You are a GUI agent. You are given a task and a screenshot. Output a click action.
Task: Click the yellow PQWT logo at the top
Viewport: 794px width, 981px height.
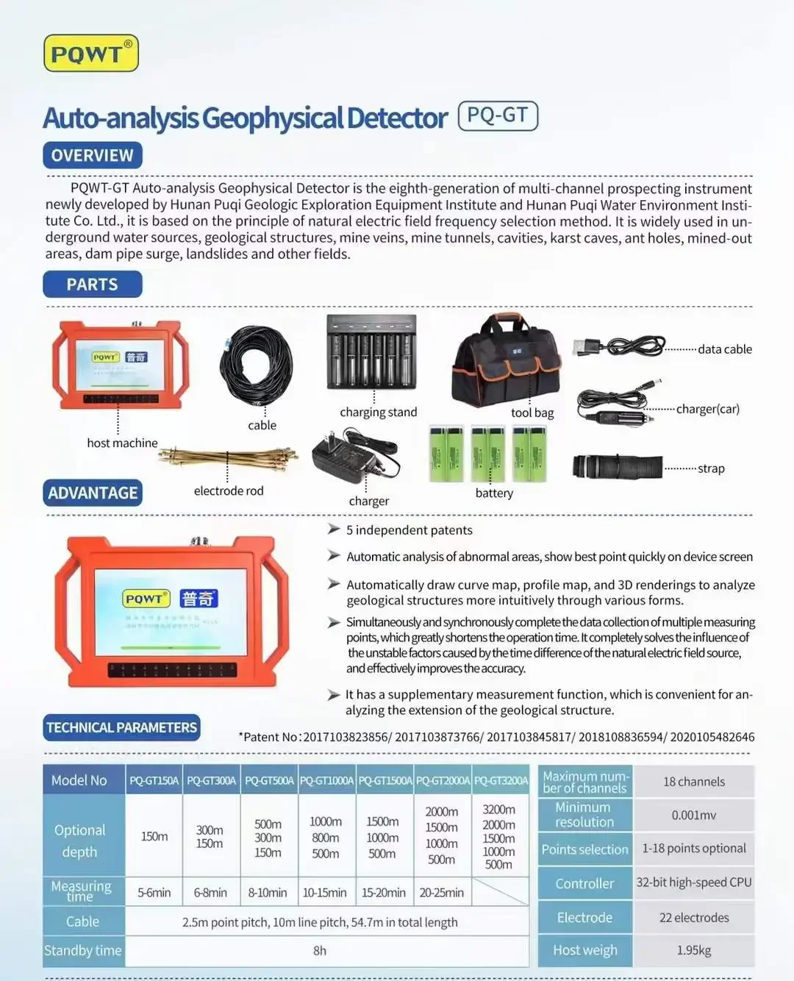(91, 54)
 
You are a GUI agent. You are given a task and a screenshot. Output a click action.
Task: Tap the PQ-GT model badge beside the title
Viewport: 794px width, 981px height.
(498, 116)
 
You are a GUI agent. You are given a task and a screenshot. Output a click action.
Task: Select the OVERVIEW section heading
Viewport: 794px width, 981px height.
(93, 155)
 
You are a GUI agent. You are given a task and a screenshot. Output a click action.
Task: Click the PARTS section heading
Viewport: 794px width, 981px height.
(93, 285)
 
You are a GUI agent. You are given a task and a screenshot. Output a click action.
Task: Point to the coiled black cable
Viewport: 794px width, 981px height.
(256, 365)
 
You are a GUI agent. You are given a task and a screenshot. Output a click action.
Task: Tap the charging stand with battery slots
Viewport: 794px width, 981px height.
(372, 353)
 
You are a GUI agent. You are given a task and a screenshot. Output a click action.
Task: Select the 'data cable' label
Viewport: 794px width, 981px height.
(725, 349)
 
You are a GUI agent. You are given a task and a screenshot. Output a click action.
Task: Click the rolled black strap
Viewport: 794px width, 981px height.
(618, 467)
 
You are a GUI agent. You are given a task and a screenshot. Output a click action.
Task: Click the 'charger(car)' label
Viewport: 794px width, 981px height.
(707, 409)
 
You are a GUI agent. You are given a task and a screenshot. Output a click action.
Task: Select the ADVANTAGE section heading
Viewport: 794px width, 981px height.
(93, 493)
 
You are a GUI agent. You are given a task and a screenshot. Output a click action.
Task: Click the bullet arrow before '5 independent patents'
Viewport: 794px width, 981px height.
(334, 529)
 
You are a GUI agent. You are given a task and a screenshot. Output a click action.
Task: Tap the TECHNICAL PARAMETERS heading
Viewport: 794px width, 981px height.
(121, 727)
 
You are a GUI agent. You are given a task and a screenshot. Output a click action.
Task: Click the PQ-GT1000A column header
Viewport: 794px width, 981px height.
(326, 780)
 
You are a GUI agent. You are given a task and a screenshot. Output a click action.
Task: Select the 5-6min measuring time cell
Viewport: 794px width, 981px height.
(154, 893)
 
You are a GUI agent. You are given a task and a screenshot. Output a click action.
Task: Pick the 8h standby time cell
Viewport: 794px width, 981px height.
(320, 951)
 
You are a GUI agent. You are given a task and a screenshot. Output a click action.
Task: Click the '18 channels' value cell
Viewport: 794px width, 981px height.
(694, 782)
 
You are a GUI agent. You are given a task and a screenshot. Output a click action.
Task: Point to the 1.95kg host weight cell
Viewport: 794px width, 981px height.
(694, 950)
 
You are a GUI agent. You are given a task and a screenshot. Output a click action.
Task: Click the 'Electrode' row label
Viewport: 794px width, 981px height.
(584, 918)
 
